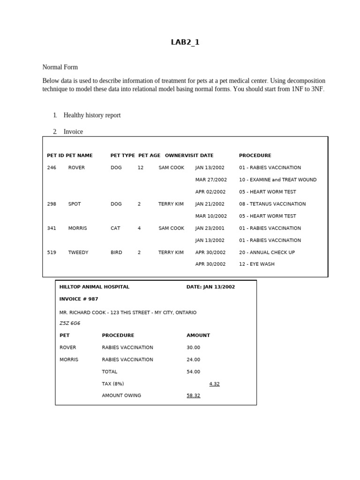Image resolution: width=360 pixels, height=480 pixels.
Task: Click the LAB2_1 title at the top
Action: [185, 42]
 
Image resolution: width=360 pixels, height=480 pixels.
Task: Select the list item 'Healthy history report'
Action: [92, 115]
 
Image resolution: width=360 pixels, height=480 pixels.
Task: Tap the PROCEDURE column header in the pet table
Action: [255, 156]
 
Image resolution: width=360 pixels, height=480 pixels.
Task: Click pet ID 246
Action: [52, 168]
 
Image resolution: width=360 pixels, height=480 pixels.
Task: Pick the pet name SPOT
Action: [75, 204]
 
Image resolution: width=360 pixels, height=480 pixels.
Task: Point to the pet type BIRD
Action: [116, 252]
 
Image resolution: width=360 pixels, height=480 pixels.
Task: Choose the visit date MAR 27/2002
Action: [211, 180]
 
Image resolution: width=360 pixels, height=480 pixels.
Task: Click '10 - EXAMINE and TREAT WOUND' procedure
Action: [277, 180]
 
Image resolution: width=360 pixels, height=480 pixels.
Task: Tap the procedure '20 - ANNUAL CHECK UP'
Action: [267, 252]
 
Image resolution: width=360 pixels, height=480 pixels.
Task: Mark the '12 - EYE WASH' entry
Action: [256, 264]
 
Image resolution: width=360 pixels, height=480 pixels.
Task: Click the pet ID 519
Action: [52, 252]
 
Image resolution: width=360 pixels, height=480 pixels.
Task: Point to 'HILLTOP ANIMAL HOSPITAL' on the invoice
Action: [94, 287]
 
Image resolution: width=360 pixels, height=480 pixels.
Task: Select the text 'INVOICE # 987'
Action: [79, 299]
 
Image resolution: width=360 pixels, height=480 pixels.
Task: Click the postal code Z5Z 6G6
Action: [70, 323]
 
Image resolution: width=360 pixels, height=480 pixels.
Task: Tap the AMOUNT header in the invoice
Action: [198, 336]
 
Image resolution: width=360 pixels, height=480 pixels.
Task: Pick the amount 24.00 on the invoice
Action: [193, 360]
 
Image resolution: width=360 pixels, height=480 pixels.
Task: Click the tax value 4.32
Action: [214, 384]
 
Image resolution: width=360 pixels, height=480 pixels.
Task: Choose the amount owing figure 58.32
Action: [193, 396]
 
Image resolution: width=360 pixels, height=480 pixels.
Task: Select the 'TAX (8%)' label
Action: [113, 384]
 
